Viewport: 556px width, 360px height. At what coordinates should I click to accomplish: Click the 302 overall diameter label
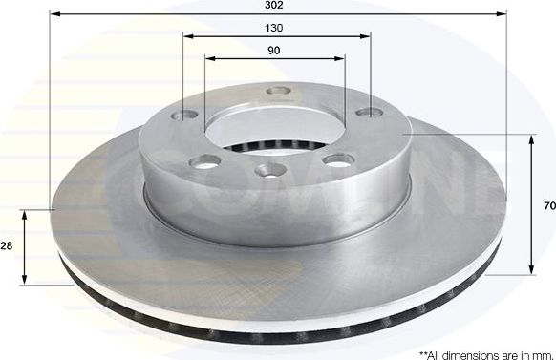(x=277, y=6)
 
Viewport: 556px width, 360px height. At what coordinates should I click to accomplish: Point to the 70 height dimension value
(x=548, y=205)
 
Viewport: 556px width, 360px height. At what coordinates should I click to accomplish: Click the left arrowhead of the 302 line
(x=53, y=14)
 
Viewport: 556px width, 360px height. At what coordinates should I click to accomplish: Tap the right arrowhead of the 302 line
(x=501, y=14)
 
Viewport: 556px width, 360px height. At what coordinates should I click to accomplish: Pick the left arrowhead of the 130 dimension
(x=187, y=36)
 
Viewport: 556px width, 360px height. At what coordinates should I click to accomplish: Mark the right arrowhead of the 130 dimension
(x=366, y=36)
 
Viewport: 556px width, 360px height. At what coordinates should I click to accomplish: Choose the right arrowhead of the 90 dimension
(x=342, y=59)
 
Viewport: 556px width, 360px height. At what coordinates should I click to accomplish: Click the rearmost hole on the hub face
(x=278, y=93)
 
